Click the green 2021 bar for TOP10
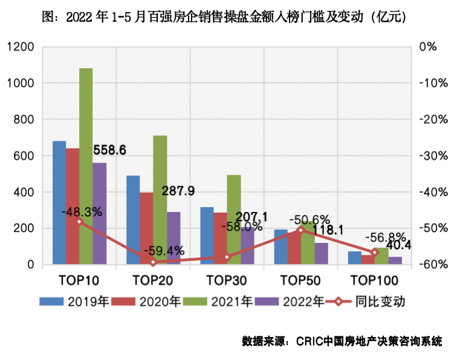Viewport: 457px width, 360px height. point(86,166)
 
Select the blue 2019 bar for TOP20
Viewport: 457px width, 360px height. point(133,220)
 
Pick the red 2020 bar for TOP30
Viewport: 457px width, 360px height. point(220,238)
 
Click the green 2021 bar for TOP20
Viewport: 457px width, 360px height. point(160,199)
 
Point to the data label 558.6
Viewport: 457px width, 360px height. point(109,150)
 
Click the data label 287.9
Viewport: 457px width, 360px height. point(178,191)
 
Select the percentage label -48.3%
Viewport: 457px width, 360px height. point(82,212)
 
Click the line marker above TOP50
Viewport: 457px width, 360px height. point(301,230)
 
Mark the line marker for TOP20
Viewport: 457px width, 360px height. point(153,263)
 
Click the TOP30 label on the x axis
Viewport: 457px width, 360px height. point(227,280)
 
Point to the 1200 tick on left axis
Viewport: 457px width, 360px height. point(21,47)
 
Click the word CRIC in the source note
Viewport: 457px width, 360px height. point(310,341)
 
